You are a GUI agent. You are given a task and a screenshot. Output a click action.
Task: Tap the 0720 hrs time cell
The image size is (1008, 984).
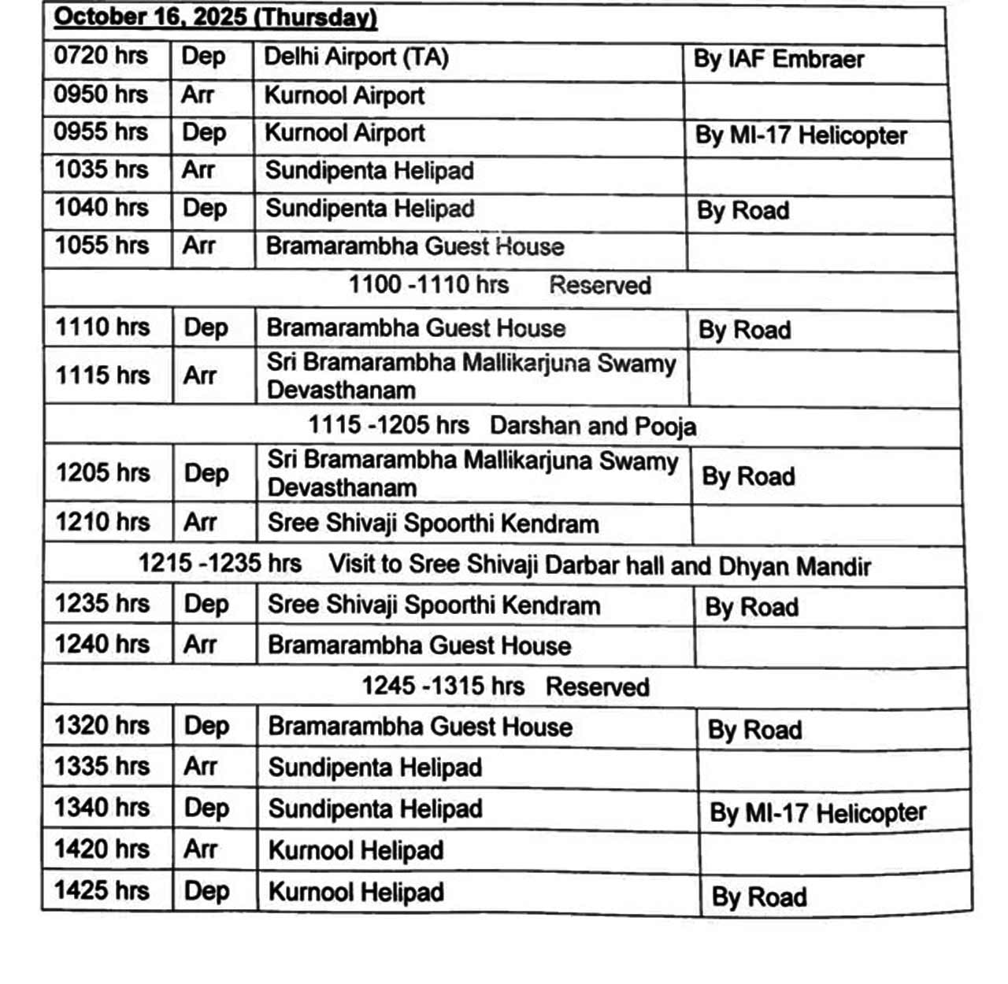101,57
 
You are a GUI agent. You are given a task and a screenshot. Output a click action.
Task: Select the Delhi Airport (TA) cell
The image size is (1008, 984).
356,57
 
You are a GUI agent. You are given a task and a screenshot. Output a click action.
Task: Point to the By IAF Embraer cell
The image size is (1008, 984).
778,60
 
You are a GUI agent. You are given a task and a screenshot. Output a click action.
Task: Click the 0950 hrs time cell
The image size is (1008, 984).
101,94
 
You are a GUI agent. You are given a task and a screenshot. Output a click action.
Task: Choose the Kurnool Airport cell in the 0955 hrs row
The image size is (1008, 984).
345,133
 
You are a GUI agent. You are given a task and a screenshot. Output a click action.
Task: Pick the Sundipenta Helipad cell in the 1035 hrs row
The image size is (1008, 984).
369,171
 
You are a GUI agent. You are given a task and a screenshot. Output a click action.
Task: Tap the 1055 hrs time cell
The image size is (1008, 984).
102,246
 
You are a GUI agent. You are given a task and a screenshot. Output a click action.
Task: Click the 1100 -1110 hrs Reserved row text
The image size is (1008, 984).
499,285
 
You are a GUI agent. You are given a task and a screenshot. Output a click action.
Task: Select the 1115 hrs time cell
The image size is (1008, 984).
102,375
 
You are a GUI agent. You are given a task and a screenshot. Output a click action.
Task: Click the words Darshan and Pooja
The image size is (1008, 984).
592,426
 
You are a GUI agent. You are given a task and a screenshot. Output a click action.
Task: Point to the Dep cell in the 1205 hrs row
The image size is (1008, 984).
206,473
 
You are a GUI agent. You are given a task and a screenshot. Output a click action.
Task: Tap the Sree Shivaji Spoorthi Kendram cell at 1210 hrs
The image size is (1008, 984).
433,523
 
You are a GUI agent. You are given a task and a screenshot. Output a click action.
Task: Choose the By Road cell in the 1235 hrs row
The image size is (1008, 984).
751,608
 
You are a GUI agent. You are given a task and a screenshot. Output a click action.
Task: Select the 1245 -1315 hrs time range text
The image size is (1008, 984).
443,686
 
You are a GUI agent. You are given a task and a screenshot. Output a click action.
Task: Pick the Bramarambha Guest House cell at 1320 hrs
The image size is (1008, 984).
420,727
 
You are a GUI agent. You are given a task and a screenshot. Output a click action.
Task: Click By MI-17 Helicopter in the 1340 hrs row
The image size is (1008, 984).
817,813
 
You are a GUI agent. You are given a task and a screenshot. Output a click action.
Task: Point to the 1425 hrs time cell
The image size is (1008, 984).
102,890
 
